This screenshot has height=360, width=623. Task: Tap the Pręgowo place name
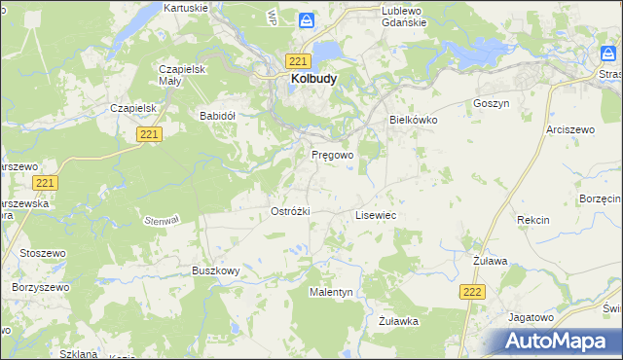(332, 155)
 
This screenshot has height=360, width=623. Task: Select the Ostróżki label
(289, 211)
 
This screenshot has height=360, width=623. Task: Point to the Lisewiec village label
(376, 214)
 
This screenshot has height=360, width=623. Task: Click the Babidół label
(218, 115)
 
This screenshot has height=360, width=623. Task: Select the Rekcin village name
(533, 220)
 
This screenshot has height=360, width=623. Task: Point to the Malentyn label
(331, 292)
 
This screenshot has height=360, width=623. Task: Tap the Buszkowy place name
(215, 270)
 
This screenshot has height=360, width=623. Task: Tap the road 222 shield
(472, 291)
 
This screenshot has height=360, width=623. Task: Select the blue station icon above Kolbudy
(307, 19)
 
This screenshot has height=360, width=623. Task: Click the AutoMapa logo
(555, 341)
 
